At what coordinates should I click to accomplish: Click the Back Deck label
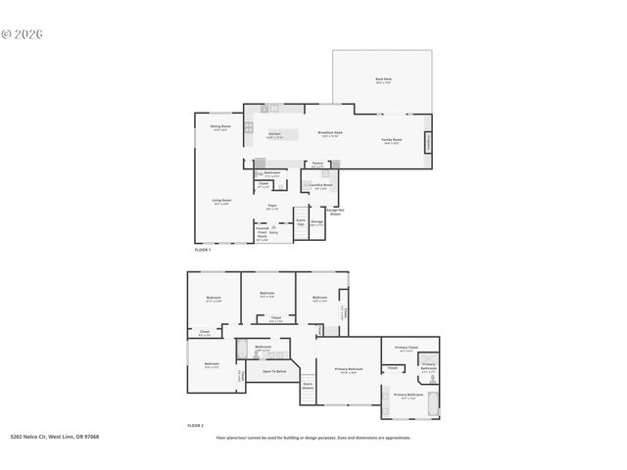(383, 80)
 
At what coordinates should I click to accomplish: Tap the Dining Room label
(220, 127)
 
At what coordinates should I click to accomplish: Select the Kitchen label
(275, 135)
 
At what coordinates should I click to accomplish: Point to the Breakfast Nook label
(329, 134)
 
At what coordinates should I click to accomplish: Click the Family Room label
(393, 141)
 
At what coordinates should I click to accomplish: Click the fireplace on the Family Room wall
(426, 142)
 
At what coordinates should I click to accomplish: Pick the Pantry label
(317, 164)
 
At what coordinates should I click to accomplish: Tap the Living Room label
(221, 202)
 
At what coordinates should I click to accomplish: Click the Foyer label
(272, 207)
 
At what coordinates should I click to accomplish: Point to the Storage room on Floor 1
(317, 222)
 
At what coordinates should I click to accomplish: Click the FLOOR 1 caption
(203, 251)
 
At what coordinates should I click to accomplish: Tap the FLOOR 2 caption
(195, 426)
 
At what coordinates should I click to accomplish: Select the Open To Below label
(273, 371)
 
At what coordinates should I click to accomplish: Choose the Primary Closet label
(406, 348)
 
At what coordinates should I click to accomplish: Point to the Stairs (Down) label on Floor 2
(308, 387)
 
